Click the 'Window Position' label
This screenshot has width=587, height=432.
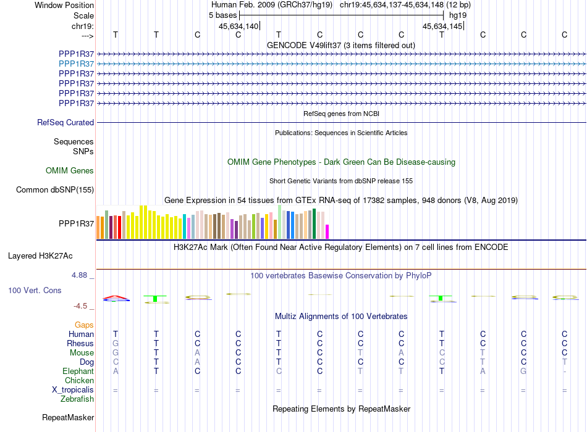[64, 5]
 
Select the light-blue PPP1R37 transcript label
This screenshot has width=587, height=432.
[77, 64]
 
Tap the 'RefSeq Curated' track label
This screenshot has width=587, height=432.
[65, 123]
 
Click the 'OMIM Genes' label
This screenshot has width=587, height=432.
[70, 171]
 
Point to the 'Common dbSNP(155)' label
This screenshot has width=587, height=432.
[55, 190]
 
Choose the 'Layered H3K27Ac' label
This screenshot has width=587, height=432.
[40, 256]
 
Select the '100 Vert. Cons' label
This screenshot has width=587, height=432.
[35, 291]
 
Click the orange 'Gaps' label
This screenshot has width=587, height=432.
[84, 325]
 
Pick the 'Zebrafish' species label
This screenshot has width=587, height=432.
[77, 399]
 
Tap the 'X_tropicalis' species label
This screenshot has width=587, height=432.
[73, 390]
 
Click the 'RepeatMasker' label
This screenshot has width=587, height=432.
[68, 418]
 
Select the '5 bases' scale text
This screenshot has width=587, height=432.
[222, 15]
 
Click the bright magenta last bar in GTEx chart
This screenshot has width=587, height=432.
[327, 231]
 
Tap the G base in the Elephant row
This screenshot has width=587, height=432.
[523, 372]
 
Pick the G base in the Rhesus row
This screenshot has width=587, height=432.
[116, 343]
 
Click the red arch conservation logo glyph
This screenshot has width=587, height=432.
[116, 297]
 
